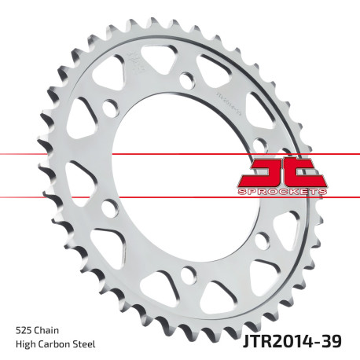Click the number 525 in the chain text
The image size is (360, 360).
24,330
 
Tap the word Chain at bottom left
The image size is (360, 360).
46,330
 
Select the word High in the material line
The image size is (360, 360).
25,346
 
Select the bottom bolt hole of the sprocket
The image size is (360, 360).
186,273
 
